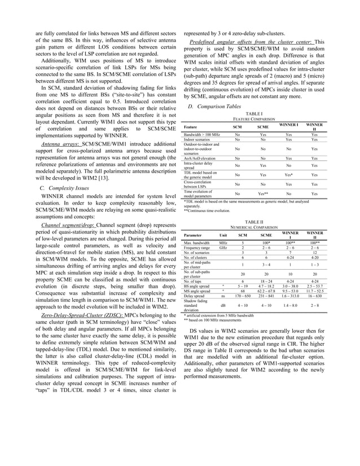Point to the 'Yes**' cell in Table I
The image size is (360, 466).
click(x=263, y=193)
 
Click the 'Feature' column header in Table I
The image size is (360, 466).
click(x=191, y=127)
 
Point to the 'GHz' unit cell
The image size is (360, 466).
click(x=223, y=247)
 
